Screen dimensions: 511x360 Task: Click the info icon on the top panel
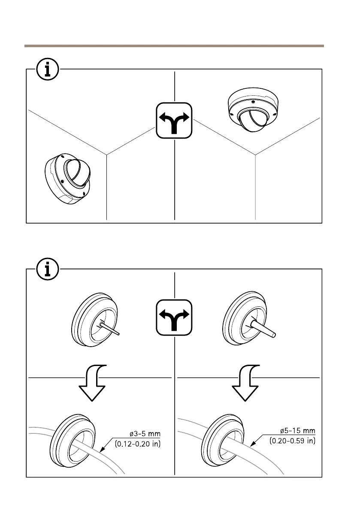pos(48,70)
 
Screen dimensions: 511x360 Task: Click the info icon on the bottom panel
pos(48,269)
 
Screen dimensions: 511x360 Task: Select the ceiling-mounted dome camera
pos(251,111)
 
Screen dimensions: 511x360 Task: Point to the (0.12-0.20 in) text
pos(138,444)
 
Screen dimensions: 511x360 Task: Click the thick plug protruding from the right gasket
pos(266,330)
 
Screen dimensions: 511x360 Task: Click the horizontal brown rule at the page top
pos(174,45)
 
